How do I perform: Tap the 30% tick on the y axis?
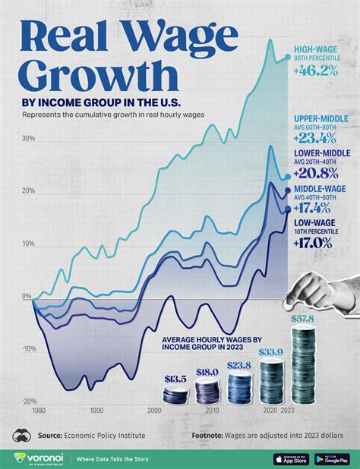click(29, 138)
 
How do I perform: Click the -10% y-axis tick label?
click(28, 349)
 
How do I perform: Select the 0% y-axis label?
click(27, 296)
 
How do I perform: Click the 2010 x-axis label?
click(212, 410)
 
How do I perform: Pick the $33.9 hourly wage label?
click(271, 351)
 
